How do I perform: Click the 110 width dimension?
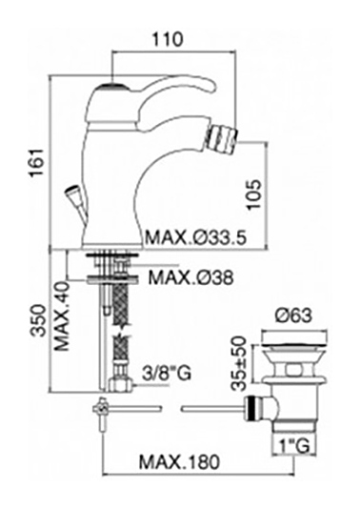168,39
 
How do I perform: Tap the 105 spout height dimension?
253,194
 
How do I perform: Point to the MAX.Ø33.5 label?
196,237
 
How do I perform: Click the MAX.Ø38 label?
190,277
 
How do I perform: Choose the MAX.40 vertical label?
62,316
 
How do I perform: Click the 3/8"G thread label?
167,373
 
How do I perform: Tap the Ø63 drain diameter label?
293,316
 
